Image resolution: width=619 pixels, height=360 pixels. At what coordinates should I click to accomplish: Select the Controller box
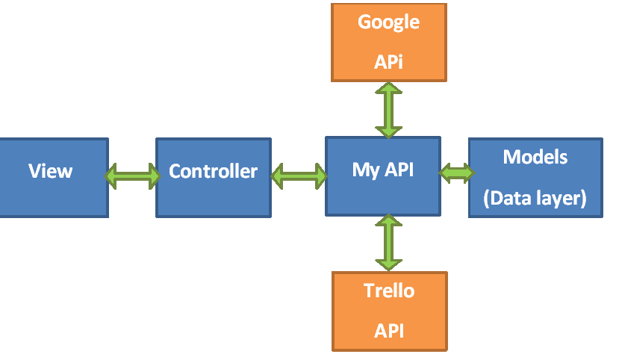(214, 177)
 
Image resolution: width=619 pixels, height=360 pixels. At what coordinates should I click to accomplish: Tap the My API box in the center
(383, 176)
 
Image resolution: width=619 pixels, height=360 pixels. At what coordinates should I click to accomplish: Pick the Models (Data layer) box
(535, 178)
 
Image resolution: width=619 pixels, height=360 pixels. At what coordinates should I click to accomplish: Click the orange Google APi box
(388, 42)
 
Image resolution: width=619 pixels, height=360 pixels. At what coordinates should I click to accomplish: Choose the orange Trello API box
(389, 311)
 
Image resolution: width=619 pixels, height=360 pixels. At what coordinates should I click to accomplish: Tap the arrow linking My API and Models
(455, 173)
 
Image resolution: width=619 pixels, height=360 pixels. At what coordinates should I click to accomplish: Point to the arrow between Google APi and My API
(388, 109)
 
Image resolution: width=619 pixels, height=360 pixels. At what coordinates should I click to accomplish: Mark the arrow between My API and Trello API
(388, 243)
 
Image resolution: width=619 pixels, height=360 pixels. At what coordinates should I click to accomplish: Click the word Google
(388, 22)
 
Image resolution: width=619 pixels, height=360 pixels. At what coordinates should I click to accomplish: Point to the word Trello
(388, 291)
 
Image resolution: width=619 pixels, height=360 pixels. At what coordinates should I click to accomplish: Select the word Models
(535, 158)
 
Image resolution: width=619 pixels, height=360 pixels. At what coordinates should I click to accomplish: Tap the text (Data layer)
(535, 199)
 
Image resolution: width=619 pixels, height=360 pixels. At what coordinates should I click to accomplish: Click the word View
(51, 171)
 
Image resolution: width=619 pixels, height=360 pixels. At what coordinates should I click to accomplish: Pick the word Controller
(214, 172)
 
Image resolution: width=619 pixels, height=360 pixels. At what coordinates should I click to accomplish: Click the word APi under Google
(388, 62)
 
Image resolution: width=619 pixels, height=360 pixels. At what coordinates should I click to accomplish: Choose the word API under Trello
(388, 330)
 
